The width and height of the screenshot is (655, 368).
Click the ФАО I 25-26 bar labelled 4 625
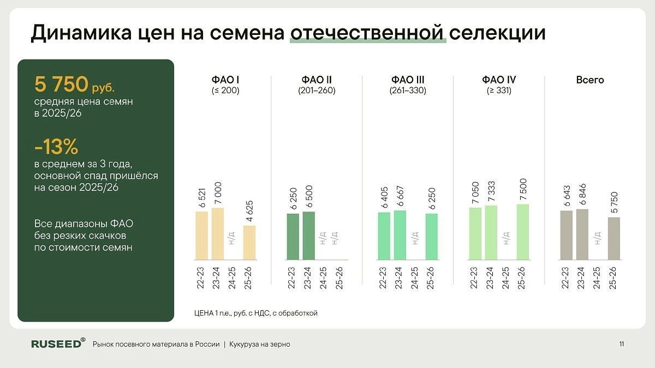(249, 243)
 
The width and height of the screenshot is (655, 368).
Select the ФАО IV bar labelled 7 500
(523, 232)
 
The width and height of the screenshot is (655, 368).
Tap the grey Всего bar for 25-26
(614, 238)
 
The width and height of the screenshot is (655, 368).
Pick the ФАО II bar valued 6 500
(309, 236)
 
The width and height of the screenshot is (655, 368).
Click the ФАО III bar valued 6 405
(384, 236)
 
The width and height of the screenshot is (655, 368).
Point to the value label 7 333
(491, 191)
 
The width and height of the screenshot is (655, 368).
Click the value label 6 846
(582, 194)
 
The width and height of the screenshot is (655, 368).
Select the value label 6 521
(202, 198)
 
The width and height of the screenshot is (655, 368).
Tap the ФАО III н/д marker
(415, 238)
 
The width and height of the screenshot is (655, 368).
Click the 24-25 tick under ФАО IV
(506, 277)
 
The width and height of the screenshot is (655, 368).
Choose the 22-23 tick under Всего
(565, 277)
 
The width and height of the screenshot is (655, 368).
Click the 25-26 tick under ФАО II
(339, 277)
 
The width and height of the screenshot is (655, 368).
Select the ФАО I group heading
(225, 80)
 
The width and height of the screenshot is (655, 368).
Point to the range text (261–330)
(408, 91)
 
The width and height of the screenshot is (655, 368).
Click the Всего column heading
(590, 80)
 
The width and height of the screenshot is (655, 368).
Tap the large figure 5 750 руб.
(74, 84)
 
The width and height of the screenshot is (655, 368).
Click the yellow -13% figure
(56, 147)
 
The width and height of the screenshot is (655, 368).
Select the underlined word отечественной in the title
(368, 33)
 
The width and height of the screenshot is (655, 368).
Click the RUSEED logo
(58, 343)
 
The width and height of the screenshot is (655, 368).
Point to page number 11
(621, 344)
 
